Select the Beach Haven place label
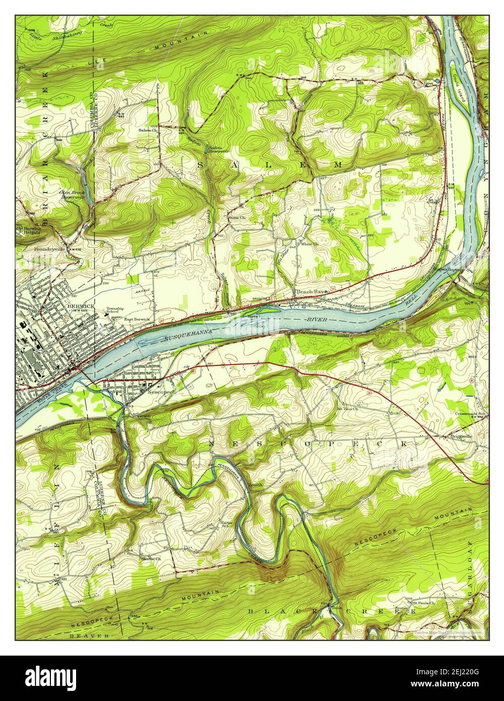coord(312,292)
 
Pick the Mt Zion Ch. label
coord(347,408)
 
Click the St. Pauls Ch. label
coord(423,603)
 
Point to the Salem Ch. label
coord(148,130)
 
